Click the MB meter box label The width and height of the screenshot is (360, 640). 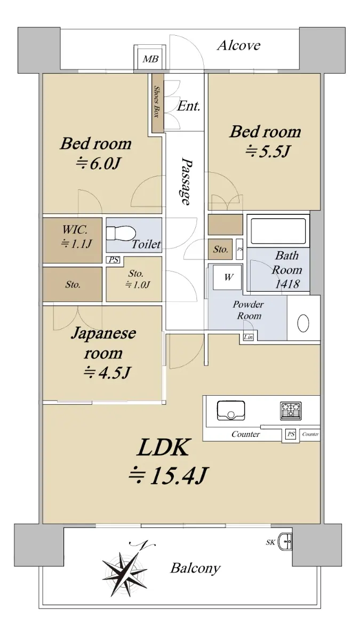point(150,59)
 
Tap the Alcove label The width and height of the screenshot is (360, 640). point(238,45)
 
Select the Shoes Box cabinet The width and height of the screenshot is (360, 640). point(157,103)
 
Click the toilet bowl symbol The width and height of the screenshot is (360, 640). point(121,234)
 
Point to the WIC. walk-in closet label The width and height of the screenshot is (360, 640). point(75,229)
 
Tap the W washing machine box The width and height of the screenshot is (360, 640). point(228,277)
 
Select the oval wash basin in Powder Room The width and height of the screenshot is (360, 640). point(303,323)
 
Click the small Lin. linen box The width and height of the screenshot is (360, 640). point(249,337)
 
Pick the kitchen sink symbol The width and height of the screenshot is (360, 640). point(231,411)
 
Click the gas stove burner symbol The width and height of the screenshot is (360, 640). point(291,411)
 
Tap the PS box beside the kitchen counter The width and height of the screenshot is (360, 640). point(291,434)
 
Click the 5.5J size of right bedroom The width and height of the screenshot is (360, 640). point(268,150)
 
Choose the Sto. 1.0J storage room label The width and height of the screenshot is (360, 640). point(137,279)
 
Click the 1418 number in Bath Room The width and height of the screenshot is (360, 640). point(287,284)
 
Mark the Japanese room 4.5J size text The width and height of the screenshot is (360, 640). point(107,372)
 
